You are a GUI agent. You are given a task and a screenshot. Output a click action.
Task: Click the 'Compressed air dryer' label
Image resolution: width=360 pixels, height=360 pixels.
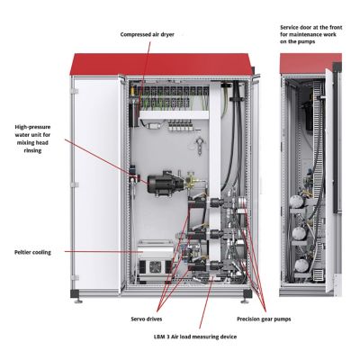click(x=148, y=34)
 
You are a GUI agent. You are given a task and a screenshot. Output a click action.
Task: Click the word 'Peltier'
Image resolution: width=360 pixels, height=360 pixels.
click(x=22, y=252)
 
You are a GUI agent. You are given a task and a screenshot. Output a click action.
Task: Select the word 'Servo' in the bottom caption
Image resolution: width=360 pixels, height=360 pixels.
click(x=140, y=318)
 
